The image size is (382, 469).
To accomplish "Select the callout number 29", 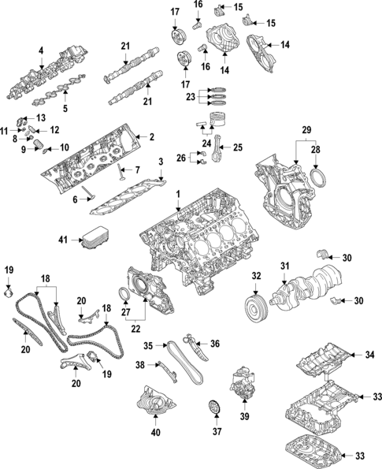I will pyautogui.click(x=306, y=128).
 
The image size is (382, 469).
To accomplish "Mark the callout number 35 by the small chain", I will pyautogui.click(x=147, y=345).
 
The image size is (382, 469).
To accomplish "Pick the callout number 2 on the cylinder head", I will pyautogui.click(x=151, y=136).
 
